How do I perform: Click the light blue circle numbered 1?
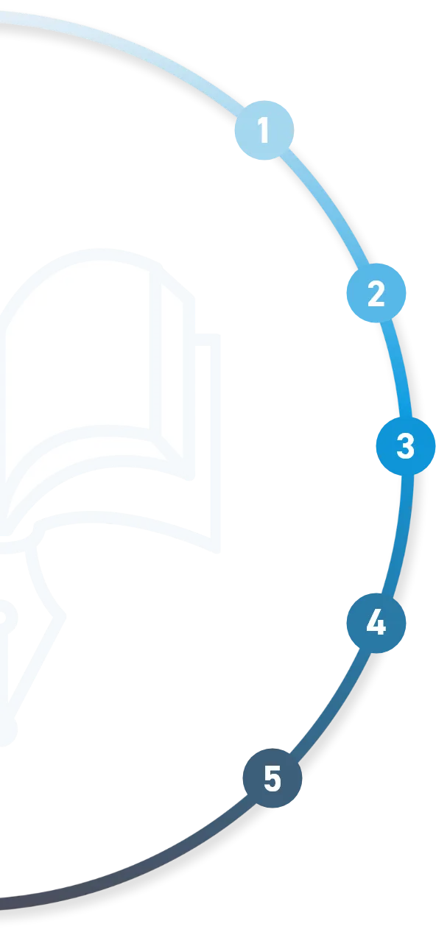[x=264, y=130]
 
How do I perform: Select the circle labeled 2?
[x=376, y=293]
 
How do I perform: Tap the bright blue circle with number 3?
[x=406, y=446]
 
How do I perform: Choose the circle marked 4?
[x=376, y=623]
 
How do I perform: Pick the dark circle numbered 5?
[x=272, y=778]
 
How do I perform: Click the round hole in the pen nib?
[x=4, y=617]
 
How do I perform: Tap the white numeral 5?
[x=272, y=778]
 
